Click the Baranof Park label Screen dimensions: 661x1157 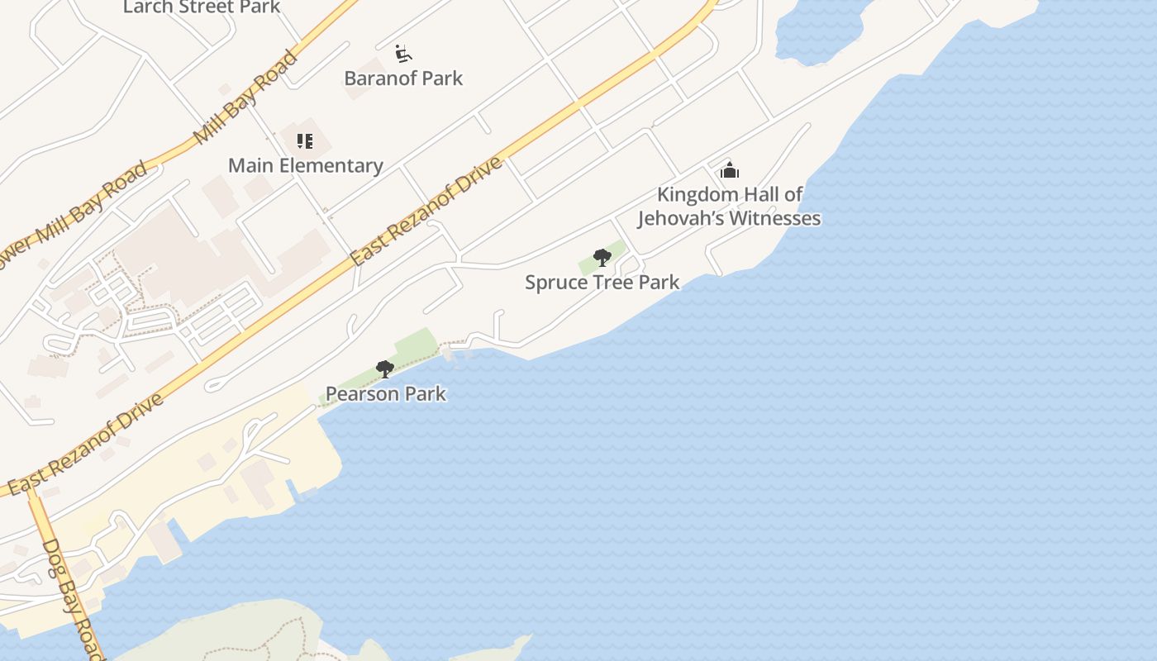[403, 78]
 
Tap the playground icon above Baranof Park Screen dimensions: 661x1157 [402, 54]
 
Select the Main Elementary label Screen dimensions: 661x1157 [305, 165]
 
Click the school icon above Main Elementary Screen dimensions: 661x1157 [305, 141]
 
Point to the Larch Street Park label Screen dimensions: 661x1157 [202, 7]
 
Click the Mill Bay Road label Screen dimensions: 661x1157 [245, 97]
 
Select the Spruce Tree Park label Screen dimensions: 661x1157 [602, 283]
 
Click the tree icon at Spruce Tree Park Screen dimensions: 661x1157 [602, 258]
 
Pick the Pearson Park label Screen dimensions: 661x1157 [385, 394]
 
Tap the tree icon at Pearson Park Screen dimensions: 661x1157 [384, 369]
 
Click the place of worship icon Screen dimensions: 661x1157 [729, 170]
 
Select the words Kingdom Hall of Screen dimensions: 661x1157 [730, 195]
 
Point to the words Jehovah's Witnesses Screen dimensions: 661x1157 [729, 218]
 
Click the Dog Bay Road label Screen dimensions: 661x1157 [74, 598]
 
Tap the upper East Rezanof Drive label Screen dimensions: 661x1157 [426, 212]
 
